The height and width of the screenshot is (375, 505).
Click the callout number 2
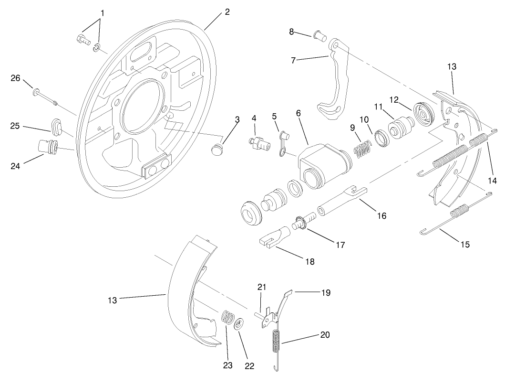click(x=227, y=12)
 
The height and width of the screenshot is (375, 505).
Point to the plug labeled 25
click(x=57, y=125)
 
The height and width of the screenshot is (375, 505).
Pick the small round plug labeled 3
click(x=217, y=150)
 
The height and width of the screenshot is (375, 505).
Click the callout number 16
click(x=381, y=215)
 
